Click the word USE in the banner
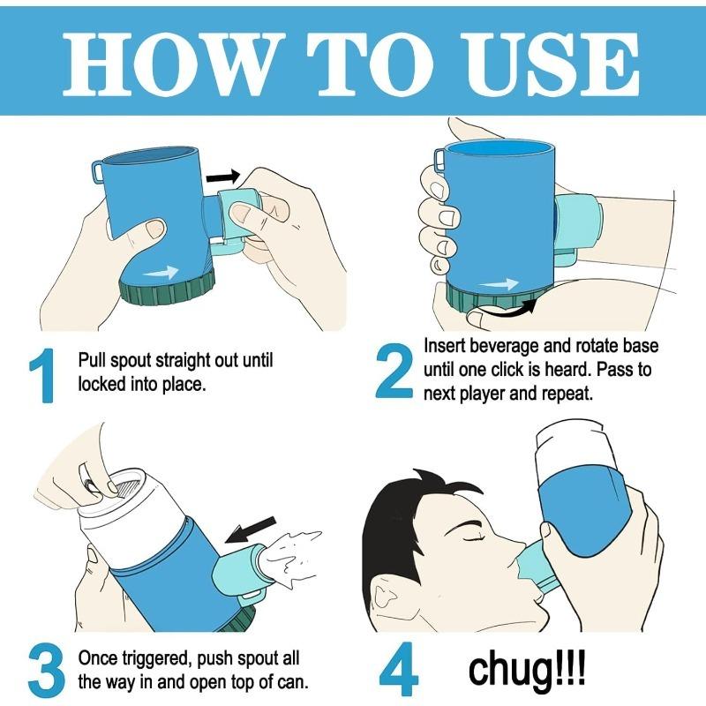[x=550, y=64]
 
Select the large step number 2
[x=394, y=372]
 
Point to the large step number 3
[x=47, y=671]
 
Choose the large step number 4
[x=399, y=669]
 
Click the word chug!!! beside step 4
[x=527, y=671]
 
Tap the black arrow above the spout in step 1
[x=223, y=176]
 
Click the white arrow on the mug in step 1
[x=161, y=272]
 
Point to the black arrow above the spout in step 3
[x=251, y=530]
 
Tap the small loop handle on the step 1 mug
[x=98, y=172]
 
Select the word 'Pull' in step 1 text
[x=92, y=361]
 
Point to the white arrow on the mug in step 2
[x=499, y=284]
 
